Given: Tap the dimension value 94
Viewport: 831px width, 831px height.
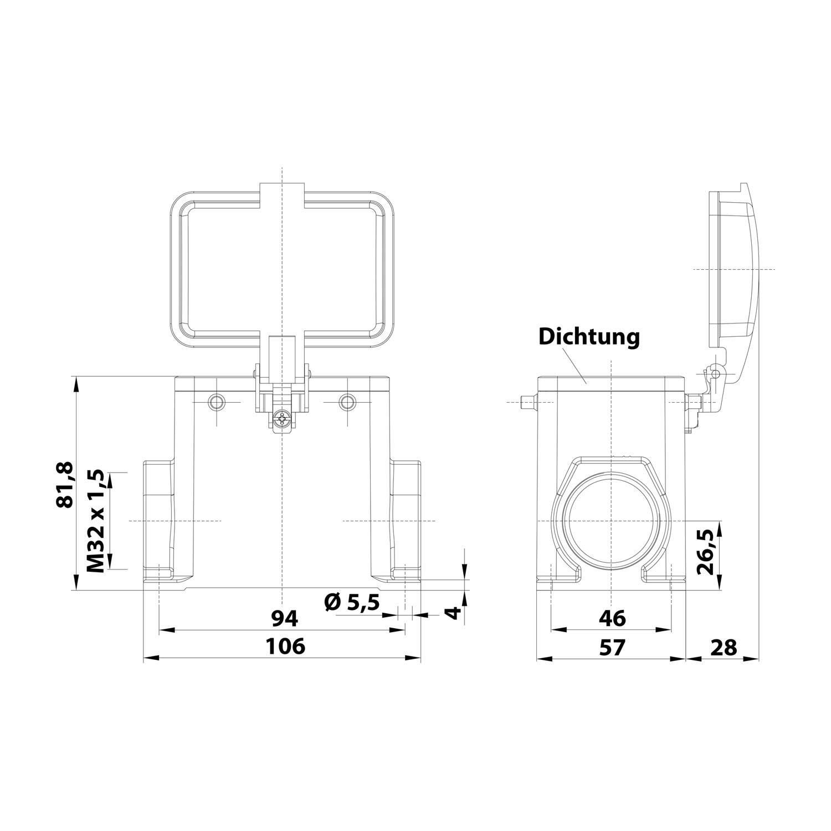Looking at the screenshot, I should pyautogui.click(x=285, y=618).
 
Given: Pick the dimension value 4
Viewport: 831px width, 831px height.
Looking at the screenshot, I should pyautogui.click(x=454, y=613).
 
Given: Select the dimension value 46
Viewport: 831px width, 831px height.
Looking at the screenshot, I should pyautogui.click(x=612, y=618).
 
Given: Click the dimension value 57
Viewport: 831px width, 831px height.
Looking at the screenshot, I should pyautogui.click(x=612, y=647).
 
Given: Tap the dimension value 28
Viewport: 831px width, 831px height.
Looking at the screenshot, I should pyautogui.click(x=722, y=647).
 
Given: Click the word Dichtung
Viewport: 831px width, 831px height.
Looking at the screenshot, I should pyautogui.click(x=589, y=336).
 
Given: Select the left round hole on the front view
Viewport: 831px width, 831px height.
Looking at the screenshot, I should pyautogui.click(x=216, y=402).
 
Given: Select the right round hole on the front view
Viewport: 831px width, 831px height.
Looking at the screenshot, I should pyautogui.click(x=348, y=402).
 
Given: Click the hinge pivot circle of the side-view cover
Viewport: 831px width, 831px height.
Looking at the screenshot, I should pyautogui.click(x=715, y=374).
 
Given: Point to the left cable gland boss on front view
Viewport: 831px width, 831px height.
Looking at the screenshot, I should pyautogui.click(x=159, y=521).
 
